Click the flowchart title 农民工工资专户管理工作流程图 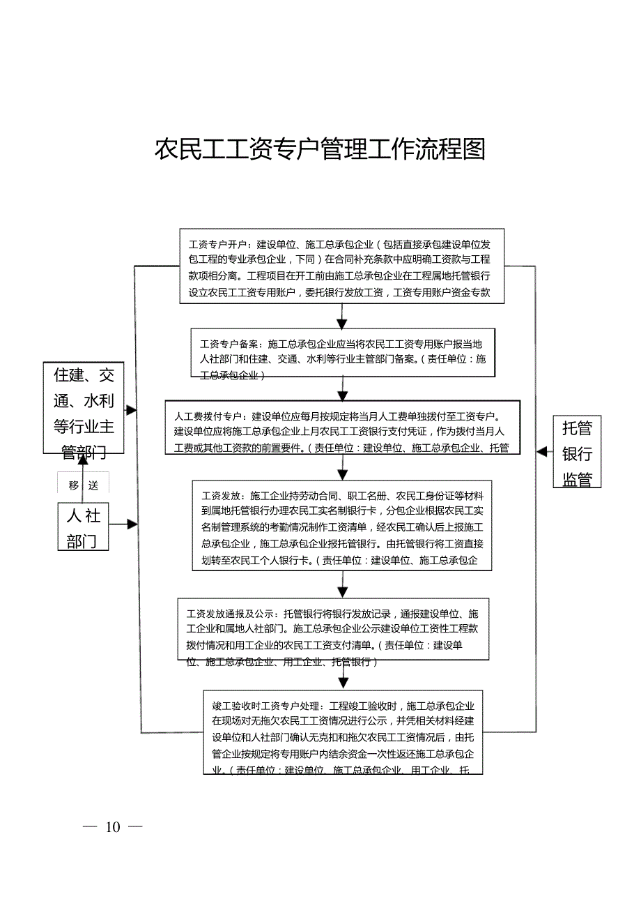pos(320,149)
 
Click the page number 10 pos(113,827)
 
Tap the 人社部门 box pos(83,528)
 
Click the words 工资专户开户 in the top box pos(218,245)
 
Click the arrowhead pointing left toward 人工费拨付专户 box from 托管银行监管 pos(541,451)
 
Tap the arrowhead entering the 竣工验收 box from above pos(343,683)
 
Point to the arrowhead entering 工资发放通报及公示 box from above pos(343,592)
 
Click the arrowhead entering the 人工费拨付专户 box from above pos(343,395)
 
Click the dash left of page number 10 pos(90,827)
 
